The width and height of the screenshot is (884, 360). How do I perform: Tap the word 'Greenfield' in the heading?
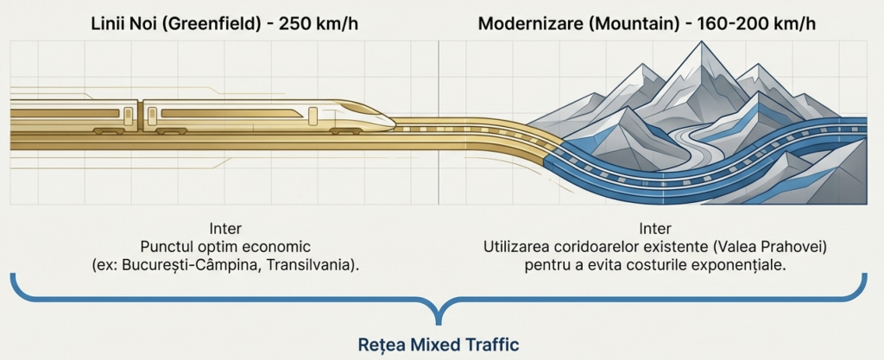pos(215,25)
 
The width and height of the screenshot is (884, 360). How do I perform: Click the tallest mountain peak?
pos(701,43)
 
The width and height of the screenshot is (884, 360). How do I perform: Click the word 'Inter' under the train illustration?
pos(225,229)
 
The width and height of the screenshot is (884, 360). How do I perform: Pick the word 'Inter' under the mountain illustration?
pos(655,229)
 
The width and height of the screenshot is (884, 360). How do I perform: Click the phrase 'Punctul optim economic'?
pos(225,247)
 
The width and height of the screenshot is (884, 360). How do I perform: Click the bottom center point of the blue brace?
pos(438,324)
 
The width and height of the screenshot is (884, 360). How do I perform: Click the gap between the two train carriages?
pos(141,116)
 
